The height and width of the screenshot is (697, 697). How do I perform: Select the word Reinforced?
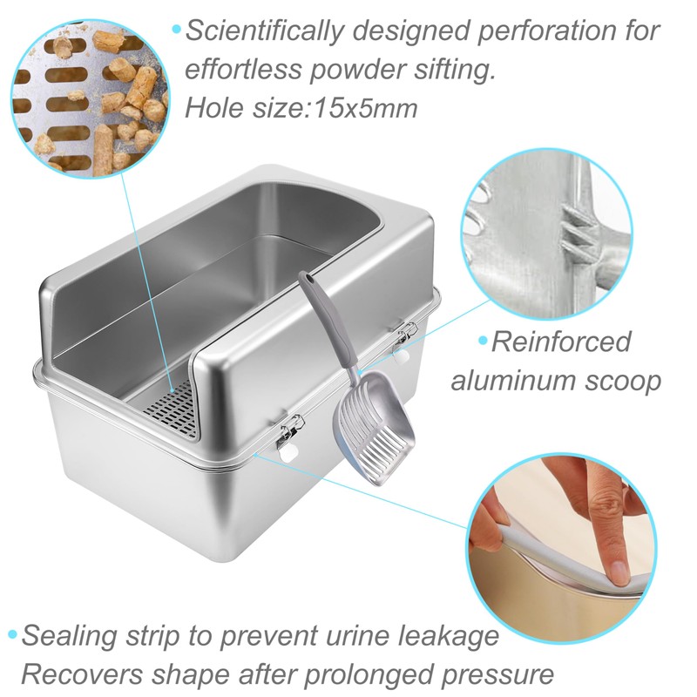tap(561, 341)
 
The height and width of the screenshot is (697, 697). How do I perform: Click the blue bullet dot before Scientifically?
tap(177, 30)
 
